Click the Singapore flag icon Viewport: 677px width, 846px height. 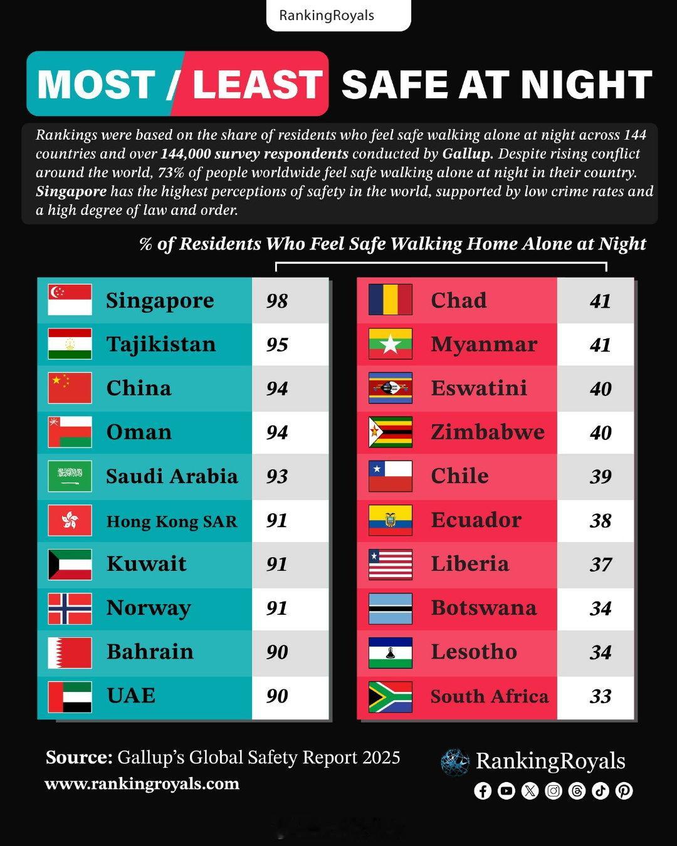(70, 300)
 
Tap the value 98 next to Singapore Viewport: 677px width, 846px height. (276, 301)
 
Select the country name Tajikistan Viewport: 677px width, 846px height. (160, 344)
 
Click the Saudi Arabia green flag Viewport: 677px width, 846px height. (70, 476)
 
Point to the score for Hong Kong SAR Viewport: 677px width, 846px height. (276, 520)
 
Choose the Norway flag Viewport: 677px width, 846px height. (70, 608)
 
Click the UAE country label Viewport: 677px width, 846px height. (131, 696)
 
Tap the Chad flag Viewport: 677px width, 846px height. (390, 300)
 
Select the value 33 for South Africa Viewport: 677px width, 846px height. (600, 696)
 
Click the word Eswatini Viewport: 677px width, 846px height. (478, 388)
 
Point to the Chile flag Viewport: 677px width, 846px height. (390, 476)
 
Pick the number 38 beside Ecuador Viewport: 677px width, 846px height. (600, 520)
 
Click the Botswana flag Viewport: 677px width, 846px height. (390, 608)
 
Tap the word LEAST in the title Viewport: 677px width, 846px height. (257, 85)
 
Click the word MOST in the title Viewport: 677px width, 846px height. (96, 85)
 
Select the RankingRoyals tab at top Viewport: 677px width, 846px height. (327, 16)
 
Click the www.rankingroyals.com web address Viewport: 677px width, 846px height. (142, 784)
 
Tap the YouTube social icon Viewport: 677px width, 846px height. (506, 791)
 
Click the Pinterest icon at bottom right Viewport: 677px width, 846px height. (624, 791)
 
